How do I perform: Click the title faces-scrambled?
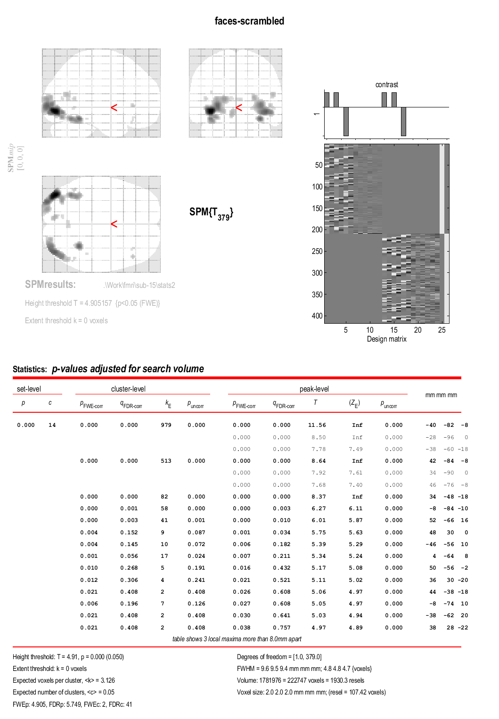click(x=249, y=21)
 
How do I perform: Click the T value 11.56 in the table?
click(x=317, y=425)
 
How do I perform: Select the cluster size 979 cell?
click(x=166, y=425)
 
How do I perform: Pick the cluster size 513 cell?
click(x=166, y=461)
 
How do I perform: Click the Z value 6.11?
click(x=356, y=508)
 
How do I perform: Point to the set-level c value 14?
click(x=52, y=425)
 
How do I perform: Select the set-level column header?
click(x=29, y=389)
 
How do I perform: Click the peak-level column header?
click(x=314, y=389)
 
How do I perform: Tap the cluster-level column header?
click(x=128, y=389)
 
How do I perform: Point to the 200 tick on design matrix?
click(x=317, y=230)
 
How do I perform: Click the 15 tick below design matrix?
click(x=394, y=330)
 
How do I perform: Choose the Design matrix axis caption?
click(x=386, y=339)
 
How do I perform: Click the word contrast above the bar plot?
click(x=386, y=85)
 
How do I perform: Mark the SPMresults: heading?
click(x=50, y=285)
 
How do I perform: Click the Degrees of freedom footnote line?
click(x=279, y=657)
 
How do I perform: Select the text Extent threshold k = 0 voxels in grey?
click(x=66, y=321)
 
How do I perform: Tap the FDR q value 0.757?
click(x=282, y=628)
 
